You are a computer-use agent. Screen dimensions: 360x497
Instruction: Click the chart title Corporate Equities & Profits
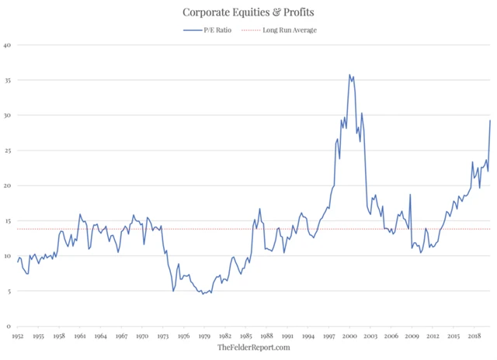click(x=248, y=12)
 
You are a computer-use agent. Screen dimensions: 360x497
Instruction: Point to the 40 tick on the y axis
click(x=8, y=45)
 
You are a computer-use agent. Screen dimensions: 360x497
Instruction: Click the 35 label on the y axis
click(x=8, y=80)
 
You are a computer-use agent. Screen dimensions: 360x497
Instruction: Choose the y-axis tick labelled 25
click(x=8, y=151)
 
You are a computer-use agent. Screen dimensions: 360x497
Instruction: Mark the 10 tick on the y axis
click(x=8, y=257)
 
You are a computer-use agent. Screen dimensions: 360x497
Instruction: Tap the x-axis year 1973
click(x=163, y=336)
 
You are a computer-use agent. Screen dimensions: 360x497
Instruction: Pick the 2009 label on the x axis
click(x=412, y=336)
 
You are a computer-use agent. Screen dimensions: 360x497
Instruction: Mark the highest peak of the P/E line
click(x=349, y=74)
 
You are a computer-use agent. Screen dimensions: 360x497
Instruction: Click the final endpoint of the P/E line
click(x=490, y=120)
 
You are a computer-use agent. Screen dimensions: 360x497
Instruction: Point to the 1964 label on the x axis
click(x=101, y=336)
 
